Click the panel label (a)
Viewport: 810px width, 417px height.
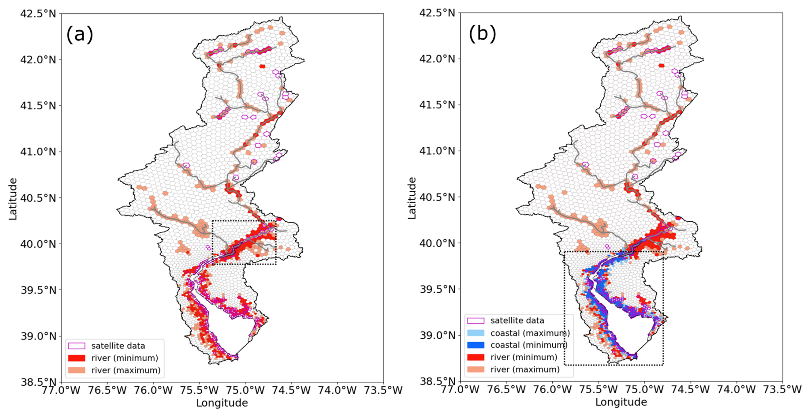[x=80, y=34]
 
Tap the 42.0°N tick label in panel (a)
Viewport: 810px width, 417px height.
[x=38, y=60]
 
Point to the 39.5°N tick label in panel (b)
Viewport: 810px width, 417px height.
[x=437, y=289]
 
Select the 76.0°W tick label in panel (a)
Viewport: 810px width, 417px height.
[x=153, y=390]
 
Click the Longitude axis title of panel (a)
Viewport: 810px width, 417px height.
[x=222, y=403]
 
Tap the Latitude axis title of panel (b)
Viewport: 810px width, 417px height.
[x=412, y=198]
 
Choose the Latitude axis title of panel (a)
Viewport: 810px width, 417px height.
[x=13, y=199]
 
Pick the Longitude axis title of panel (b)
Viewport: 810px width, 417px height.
[x=621, y=402]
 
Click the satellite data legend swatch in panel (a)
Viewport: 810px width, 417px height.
[x=77, y=346]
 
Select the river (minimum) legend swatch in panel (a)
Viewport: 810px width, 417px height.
[x=77, y=358]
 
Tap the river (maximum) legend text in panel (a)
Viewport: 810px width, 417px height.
[x=126, y=370]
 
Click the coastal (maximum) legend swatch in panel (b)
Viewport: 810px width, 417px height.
[x=476, y=333]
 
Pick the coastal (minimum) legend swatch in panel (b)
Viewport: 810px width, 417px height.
[x=476, y=345]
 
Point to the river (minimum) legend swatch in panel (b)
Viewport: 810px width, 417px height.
[x=476, y=357]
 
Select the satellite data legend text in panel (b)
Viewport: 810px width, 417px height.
[x=517, y=321]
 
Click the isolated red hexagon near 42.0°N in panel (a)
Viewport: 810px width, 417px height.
[x=262, y=66]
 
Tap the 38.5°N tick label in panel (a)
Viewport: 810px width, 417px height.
[x=38, y=382]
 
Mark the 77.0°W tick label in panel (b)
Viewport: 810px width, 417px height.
[x=460, y=390]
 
